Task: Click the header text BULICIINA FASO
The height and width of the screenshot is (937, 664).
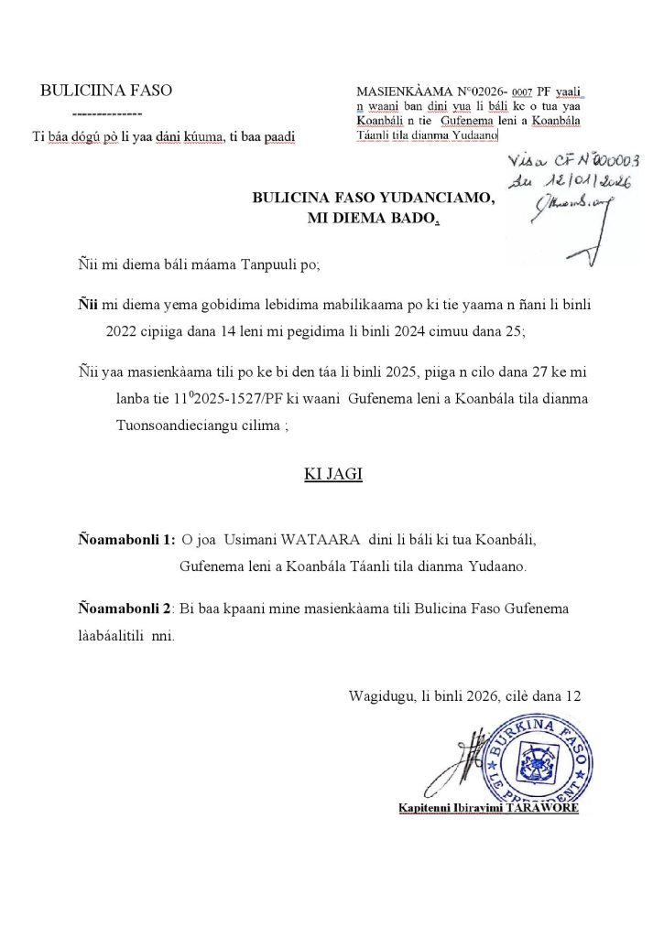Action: (x=105, y=90)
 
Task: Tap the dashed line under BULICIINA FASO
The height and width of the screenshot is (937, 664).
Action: (x=105, y=113)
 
